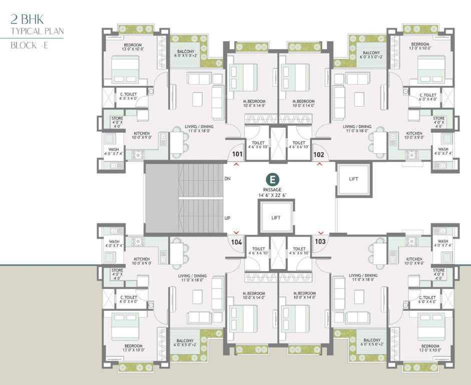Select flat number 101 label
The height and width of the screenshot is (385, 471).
(237, 154)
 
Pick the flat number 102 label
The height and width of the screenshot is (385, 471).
(319, 154)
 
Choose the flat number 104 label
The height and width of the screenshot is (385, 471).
(237, 242)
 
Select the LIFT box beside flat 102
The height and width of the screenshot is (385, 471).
(353, 179)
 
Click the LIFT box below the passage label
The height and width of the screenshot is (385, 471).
(275, 218)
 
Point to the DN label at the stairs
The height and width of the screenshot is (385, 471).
(227, 178)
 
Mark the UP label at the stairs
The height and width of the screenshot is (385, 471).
(227, 218)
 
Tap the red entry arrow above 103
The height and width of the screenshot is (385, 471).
(320, 232)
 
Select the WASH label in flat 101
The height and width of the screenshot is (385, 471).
(114, 149)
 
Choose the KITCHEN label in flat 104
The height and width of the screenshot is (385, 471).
(141, 259)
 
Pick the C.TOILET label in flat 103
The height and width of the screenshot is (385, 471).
(428, 297)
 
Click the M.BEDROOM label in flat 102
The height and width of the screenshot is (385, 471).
(303, 101)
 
